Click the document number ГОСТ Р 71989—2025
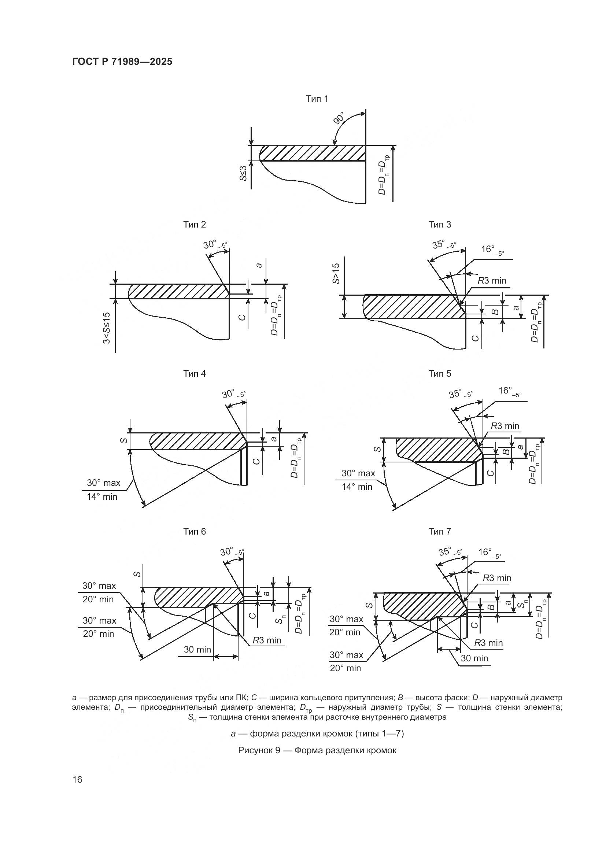tap(122, 62)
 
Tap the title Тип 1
tap(317, 99)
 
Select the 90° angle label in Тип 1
tap(339, 118)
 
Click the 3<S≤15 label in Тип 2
tap(107, 328)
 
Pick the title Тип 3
tap(440, 224)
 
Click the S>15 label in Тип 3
tap(336, 273)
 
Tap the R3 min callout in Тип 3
tap(492, 280)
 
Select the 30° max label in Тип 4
tap(103, 483)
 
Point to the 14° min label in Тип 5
tap(357, 487)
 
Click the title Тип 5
tap(440, 374)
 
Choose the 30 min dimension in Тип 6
tap(197, 650)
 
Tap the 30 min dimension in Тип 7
tap(474, 658)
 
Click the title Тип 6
tap(195, 532)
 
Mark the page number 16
tap(77, 779)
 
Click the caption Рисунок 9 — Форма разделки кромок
tap(317, 750)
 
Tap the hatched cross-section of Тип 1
tap(314, 153)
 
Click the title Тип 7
tap(440, 531)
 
